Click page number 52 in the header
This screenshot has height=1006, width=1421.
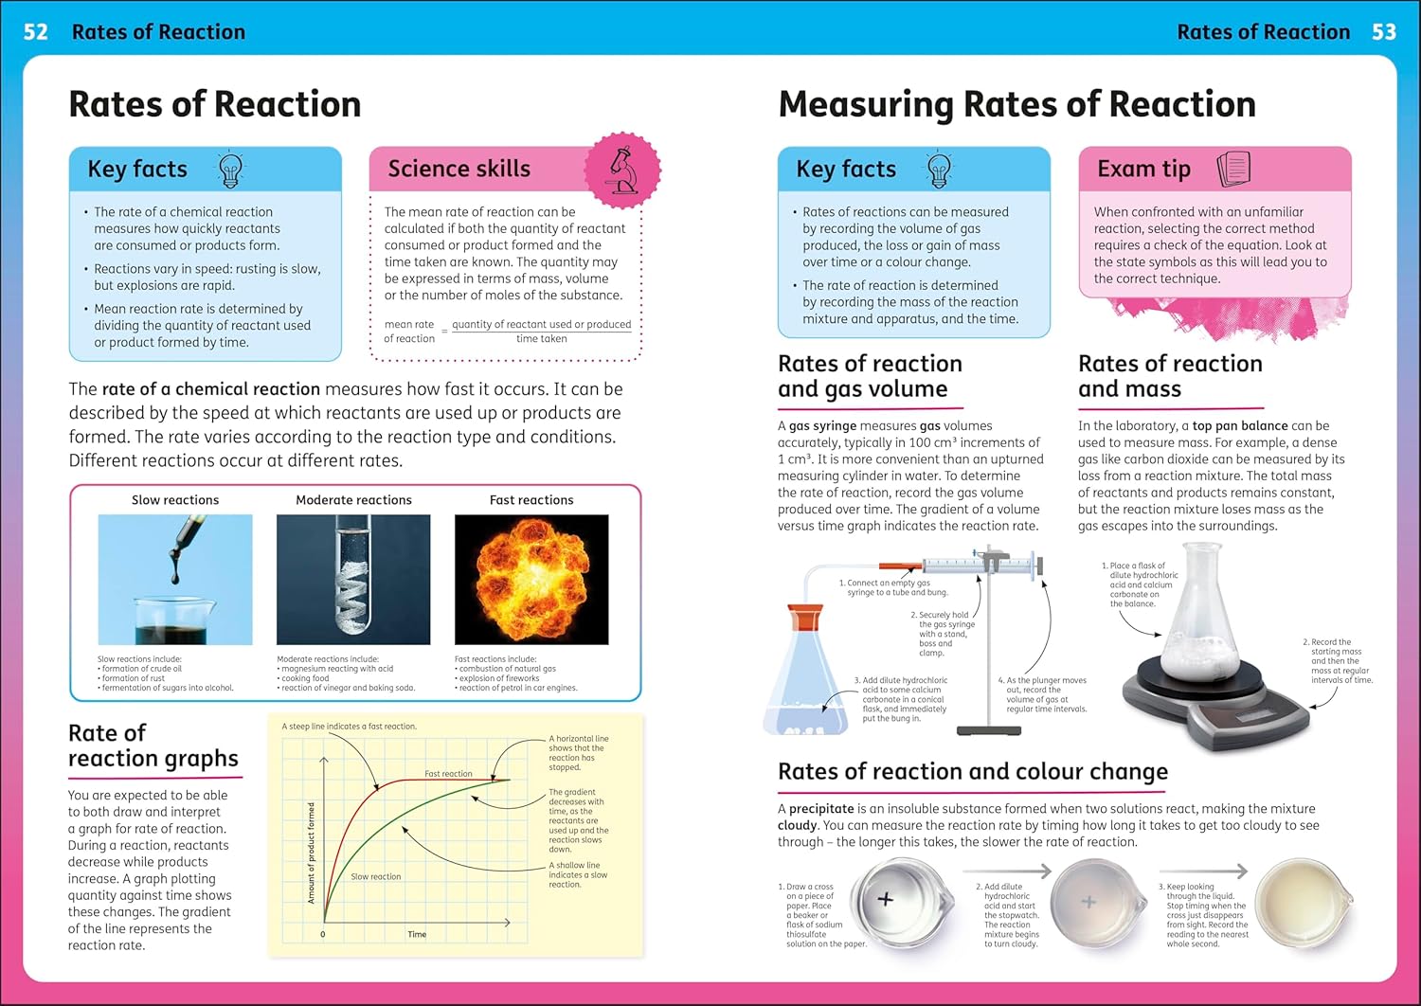35,32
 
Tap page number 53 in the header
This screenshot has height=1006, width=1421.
1384,32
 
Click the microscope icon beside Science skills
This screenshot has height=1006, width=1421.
622,171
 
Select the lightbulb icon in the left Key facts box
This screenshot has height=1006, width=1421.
230,170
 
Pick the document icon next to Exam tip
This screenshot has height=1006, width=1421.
1233,169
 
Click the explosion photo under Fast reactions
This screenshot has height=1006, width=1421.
531,579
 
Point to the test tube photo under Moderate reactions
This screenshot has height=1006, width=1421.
353,579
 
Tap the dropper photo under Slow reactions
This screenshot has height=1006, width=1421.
175,579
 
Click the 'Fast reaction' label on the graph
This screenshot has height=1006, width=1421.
448,774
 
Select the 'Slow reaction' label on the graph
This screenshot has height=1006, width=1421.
376,876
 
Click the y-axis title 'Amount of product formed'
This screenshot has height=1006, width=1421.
312,853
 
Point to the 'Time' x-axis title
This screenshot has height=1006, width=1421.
417,934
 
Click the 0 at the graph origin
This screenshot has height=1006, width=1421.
322,934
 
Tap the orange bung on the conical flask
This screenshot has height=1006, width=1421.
805,618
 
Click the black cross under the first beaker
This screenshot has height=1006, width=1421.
886,899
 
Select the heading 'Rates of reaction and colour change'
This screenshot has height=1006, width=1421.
972,772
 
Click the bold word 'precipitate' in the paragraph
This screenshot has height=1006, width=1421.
821,809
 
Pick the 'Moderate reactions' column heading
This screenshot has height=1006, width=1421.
353,500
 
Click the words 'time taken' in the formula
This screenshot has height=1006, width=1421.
541,338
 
